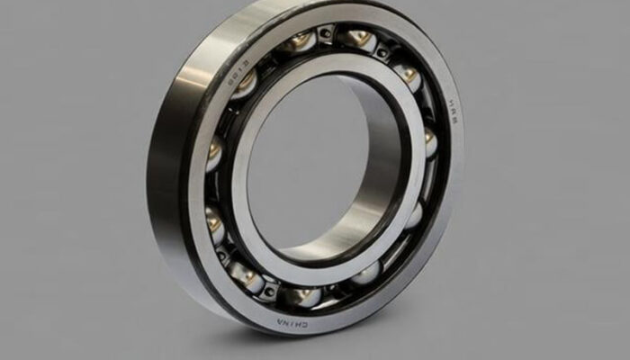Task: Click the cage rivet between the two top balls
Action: (x=326, y=34)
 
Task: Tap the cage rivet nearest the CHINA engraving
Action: (x=270, y=290)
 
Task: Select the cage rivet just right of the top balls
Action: (x=383, y=53)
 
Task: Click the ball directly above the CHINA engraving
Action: (x=301, y=295)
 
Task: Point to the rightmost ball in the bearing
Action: (x=429, y=142)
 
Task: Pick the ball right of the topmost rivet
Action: (x=358, y=38)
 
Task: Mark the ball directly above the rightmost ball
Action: (x=407, y=76)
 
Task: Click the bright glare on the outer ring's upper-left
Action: (x=193, y=81)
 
